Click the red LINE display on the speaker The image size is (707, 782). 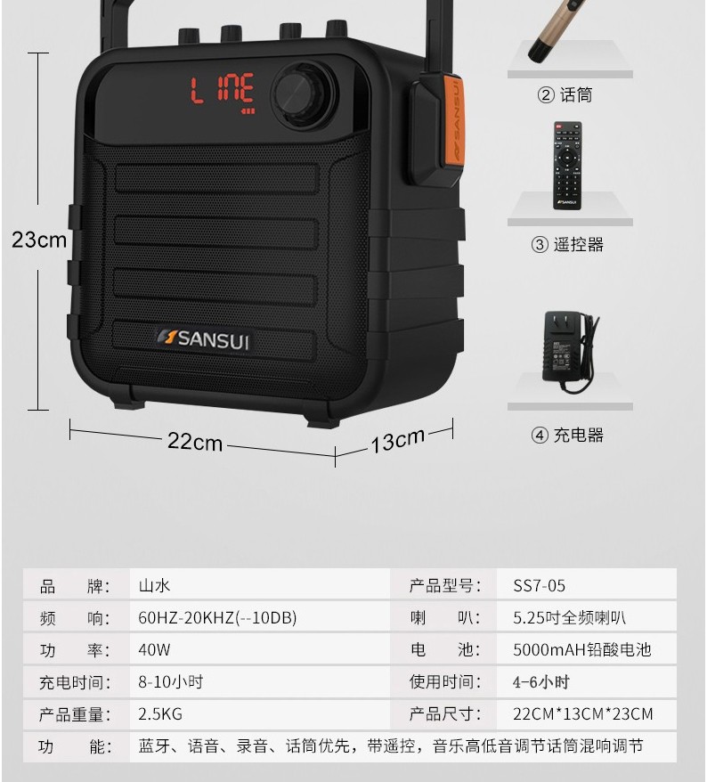coord(223,94)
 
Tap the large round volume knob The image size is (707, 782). coord(305,94)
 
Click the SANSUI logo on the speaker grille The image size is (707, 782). coord(203,339)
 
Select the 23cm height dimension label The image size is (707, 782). coord(39,240)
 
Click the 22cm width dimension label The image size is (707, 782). coord(195,442)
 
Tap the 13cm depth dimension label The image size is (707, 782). coord(397,440)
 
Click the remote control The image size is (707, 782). coord(567,165)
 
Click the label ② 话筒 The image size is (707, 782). coord(565,94)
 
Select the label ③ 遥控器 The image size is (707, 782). coord(567,244)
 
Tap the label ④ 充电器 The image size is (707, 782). coord(567,435)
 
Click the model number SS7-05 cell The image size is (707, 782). coord(539,585)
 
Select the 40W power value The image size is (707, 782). coord(154,649)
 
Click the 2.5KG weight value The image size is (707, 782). coord(160,713)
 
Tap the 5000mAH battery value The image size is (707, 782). coord(582,649)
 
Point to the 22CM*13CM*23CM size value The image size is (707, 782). coord(583,713)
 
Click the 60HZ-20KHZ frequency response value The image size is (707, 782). coord(217,617)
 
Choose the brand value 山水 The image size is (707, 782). coord(154,585)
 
